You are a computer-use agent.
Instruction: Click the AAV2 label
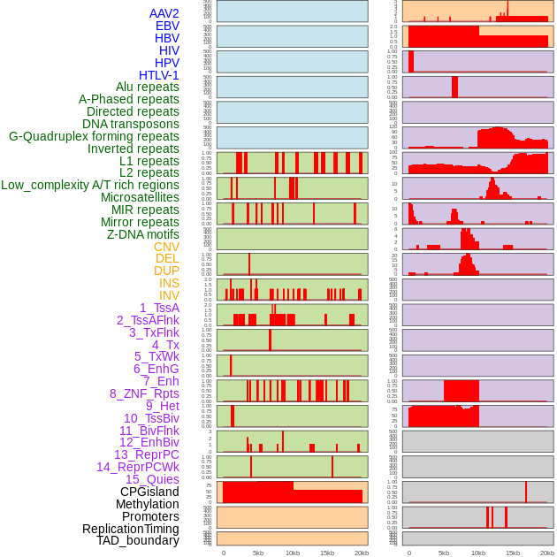[x=164, y=13]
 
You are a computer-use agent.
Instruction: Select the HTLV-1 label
[x=158, y=75]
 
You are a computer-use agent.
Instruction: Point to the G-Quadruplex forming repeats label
[x=94, y=136]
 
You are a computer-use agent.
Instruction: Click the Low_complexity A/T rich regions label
[x=89, y=185]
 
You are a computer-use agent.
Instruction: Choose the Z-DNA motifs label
[x=142, y=234]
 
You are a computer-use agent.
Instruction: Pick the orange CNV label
[x=166, y=247]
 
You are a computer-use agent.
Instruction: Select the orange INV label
[x=169, y=295]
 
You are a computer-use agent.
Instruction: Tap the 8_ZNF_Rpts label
[x=144, y=393]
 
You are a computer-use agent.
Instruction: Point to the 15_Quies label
[x=151, y=479]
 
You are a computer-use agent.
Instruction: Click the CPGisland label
[x=149, y=492]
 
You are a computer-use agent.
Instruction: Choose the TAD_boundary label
[x=138, y=540]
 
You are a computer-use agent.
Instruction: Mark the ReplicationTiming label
[x=130, y=529]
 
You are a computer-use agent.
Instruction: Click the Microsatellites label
[x=140, y=197]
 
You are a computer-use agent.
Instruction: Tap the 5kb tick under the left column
[x=258, y=553]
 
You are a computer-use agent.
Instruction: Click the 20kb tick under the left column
[x=362, y=553]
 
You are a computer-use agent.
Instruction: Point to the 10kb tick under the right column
[x=478, y=553]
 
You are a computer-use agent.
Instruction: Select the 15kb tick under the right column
[x=513, y=553]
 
